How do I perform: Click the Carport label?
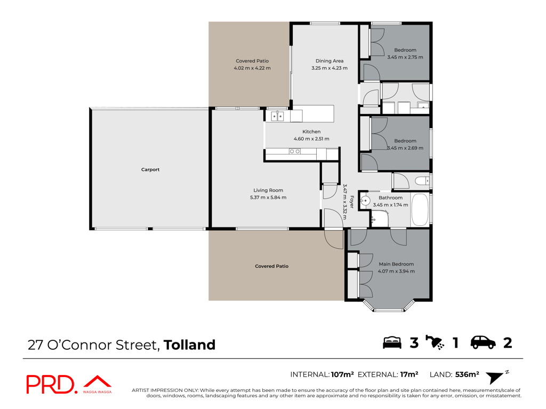(150, 170)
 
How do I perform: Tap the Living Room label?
(268, 190)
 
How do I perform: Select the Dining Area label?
(330, 61)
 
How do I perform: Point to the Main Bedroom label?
(396, 264)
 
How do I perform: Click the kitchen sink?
(277, 116)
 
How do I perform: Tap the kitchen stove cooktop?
(294, 151)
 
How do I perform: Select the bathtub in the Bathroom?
(420, 210)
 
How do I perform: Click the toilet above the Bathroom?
(422, 181)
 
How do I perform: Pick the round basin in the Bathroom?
(365, 201)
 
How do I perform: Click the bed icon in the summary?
(392, 342)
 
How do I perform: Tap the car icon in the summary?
(483, 342)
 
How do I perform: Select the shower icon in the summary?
(435, 342)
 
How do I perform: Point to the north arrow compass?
(496, 377)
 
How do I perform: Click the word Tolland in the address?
(189, 345)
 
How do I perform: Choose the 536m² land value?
(467, 374)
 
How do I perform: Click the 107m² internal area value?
(342, 374)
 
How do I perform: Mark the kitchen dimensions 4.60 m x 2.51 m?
(311, 139)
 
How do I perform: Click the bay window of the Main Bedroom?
(389, 305)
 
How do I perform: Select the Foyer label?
(352, 202)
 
